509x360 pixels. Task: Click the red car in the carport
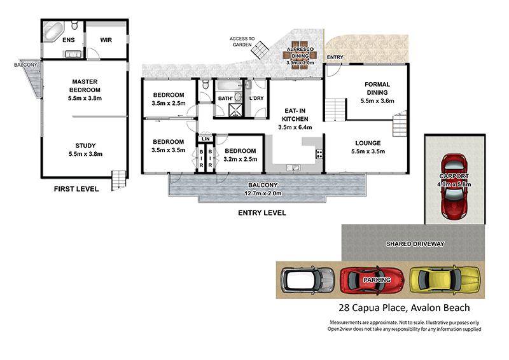click(x=455, y=185)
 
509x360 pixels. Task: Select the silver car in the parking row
click(x=309, y=279)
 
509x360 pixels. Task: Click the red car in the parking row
click(x=373, y=279)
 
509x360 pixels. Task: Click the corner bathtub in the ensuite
click(x=53, y=29)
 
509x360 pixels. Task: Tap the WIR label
click(x=106, y=39)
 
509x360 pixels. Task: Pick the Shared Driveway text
click(x=415, y=244)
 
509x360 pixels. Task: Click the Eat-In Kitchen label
click(x=296, y=114)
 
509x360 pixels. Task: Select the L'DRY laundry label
click(x=256, y=98)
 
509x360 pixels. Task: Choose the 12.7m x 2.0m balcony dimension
click(x=263, y=193)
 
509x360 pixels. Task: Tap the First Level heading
click(x=76, y=189)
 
